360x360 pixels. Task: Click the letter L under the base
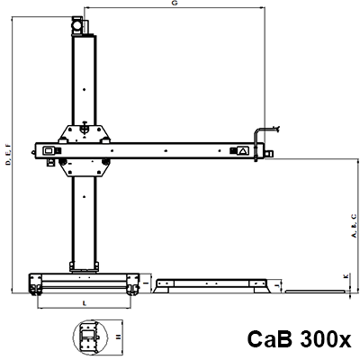[84, 303]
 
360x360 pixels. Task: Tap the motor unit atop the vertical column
[82, 26]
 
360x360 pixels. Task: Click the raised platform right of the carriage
[212, 285]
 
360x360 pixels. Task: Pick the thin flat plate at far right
[315, 292]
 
